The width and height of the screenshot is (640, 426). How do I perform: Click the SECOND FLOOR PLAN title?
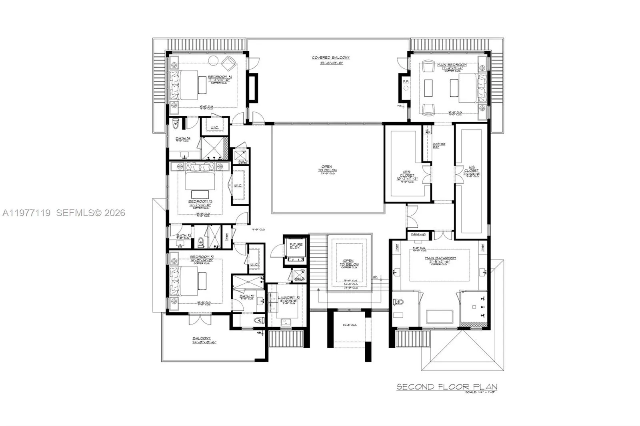point(446,386)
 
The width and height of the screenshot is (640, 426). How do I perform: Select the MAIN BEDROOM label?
point(452,65)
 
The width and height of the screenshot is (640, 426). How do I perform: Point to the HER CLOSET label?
point(406,173)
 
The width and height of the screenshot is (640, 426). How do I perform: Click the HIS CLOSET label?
point(471,171)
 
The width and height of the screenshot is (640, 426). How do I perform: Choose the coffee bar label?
point(438,145)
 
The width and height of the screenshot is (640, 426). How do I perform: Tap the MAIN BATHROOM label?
point(440,258)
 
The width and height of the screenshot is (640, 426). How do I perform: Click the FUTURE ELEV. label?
point(296,246)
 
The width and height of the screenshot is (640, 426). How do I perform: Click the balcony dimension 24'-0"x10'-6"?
point(204,342)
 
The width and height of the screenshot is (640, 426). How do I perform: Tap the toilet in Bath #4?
point(175,125)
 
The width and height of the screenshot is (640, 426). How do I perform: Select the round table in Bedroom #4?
point(214,60)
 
